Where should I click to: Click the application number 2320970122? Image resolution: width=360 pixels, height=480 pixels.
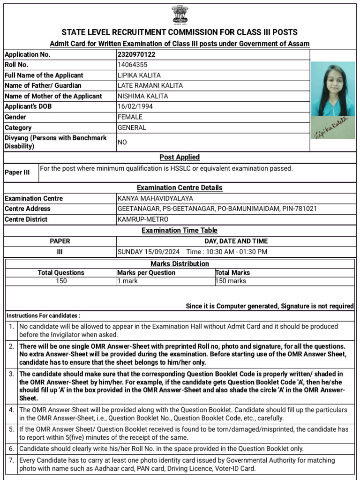(136, 54)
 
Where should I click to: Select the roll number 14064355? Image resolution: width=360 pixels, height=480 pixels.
(133, 65)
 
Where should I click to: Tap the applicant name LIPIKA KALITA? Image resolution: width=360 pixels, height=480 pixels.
(139, 75)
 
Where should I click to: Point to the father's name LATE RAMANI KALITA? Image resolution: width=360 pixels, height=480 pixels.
(150, 86)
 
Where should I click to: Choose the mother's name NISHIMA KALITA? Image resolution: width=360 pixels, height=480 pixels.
(142, 96)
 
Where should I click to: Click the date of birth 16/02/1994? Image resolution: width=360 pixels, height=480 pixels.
(135, 106)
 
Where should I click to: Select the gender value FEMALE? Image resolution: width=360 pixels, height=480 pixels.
(131, 117)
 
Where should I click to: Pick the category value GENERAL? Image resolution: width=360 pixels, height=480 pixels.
(132, 127)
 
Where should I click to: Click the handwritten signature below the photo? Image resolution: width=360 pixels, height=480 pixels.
(331, 127)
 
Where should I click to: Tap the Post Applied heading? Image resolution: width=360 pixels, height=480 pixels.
(180, 157)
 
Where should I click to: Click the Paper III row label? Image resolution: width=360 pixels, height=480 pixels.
(17, 172)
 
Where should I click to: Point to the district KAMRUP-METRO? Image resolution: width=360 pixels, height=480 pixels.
(143, 219)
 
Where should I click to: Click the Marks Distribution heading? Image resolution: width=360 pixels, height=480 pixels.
(180, 264)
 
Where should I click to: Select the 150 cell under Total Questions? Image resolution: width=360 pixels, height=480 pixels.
(61, 281)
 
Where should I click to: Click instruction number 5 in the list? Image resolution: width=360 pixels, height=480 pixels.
(11, 429)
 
